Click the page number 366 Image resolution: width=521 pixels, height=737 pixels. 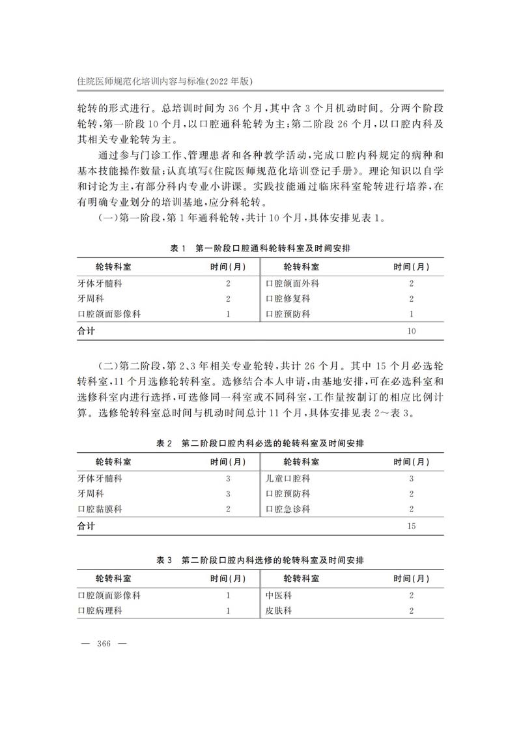tap(104, 644)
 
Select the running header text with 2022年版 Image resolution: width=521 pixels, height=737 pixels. tap(164, 81)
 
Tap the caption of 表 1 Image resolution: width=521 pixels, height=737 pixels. tap(260, 249)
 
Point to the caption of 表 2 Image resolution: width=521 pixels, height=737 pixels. tap(260, 443)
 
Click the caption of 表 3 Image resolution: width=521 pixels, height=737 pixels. tap(260, 560)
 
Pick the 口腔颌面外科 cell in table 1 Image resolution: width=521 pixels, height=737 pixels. tap(292, 283)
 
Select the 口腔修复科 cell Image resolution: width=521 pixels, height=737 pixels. tap(288, 299)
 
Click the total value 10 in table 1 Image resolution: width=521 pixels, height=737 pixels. tap(411, 331)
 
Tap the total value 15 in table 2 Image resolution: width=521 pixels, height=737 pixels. tap(411, 525)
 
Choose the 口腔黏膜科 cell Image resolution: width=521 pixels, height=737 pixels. tap(100, 509)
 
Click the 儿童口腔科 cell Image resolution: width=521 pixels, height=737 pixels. tap(288, 478)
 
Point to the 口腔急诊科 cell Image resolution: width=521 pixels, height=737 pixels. tap(288, 509)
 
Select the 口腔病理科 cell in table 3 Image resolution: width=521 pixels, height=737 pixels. tap(100, 611)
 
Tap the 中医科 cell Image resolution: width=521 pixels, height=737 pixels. tap(278, 596)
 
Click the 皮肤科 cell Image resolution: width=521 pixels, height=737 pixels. tap(278, 611)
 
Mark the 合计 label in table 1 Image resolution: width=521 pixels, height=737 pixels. tap(86, 331)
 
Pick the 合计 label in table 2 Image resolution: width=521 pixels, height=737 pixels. tap(86, 525)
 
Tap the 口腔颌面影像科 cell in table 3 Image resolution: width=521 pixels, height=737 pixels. tap(109, 596)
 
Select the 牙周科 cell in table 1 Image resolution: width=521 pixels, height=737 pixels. tap(91, 299)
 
